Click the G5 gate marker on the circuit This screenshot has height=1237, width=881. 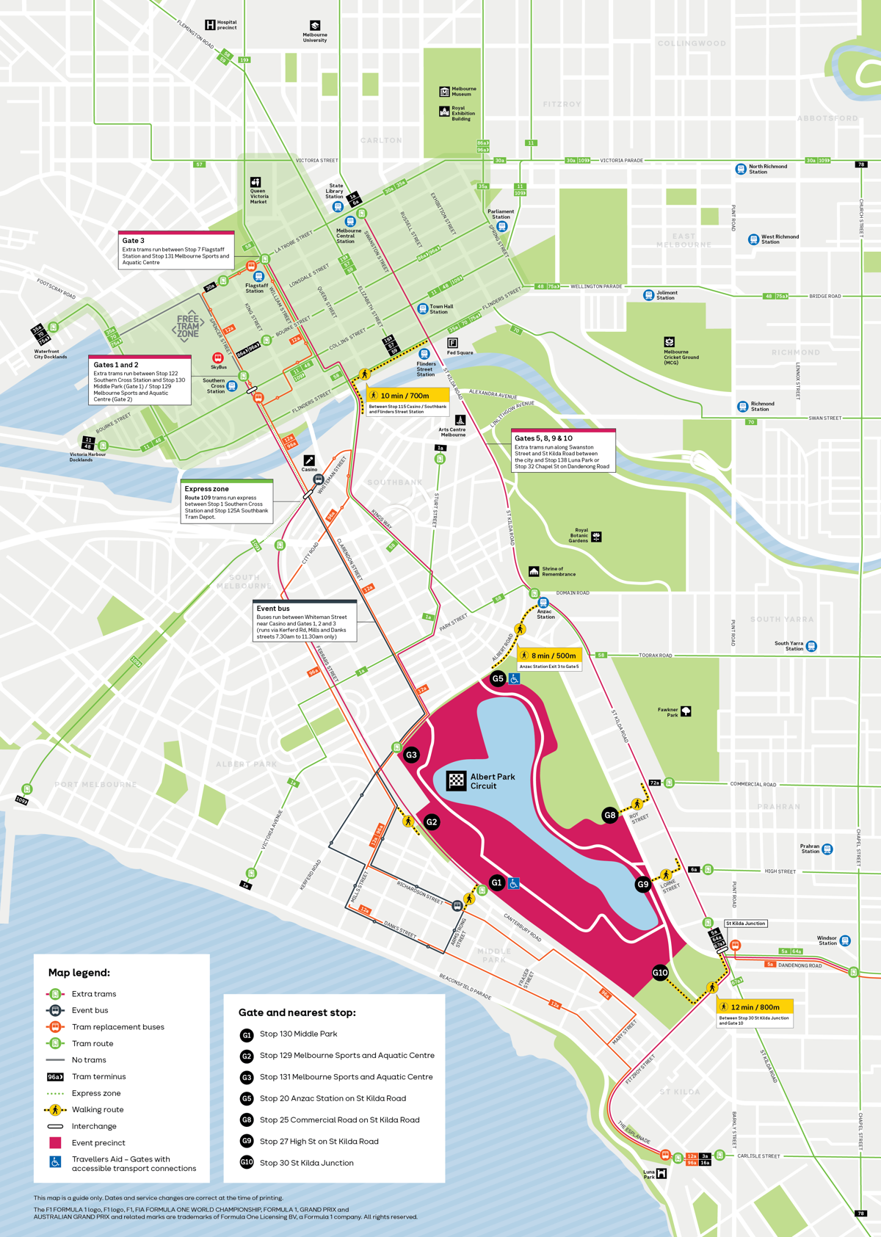click(x=498, y=678)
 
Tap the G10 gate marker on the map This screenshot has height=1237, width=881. click(x=660, y=973)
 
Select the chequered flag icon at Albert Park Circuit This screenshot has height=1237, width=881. click(x=457, y=781)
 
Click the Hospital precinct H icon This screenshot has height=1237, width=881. click(x=210, y=25)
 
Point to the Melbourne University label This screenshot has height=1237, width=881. click(x=315, y=37)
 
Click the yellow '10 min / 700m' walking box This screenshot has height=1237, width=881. click(x=407, y=396)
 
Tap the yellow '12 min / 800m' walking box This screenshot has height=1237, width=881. click(x=755, y=1007)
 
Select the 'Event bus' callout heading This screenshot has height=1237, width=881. click(x=273, y=609)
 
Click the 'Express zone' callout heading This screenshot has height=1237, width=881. click(x=207, y=489)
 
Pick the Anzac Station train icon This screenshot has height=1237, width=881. click(x=543, y=603)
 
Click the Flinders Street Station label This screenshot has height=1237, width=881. click(x=426, y=369)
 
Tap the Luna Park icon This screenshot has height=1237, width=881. click(x=661, y=1173)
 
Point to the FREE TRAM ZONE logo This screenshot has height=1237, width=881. click(x=188, y=325)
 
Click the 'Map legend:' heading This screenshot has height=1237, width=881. click(x=79, y=973)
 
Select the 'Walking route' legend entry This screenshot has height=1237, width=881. click(x=97, y=1109)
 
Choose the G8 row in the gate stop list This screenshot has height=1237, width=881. click(x=339, y=1120)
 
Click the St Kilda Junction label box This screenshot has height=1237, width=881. click(x=745, y=924)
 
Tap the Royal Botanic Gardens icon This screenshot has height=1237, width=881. click(x=596, y=537)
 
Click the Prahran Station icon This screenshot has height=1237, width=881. click(x=827, y=849)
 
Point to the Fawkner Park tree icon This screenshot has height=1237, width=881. click(x=686, y=711)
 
